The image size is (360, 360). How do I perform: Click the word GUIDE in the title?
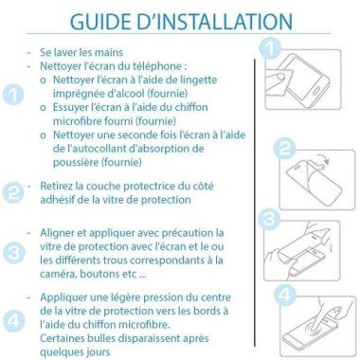(x=99, y=21)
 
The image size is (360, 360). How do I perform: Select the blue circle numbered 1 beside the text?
(x=13, y=95)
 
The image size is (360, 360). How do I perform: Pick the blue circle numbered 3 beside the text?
(x=13, y=253)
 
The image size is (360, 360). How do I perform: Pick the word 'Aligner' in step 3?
(x=63, y=233)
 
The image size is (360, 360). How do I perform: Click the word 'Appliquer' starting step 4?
(x=69, y=297)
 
